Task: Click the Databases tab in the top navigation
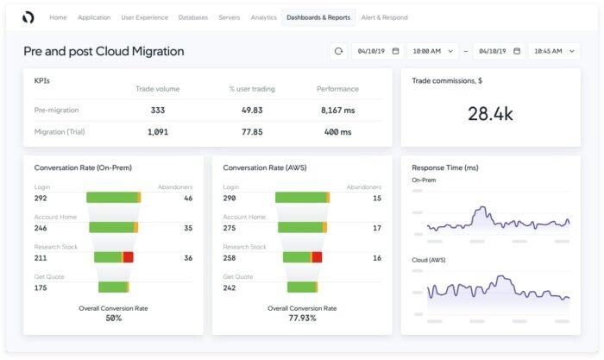[192, 17]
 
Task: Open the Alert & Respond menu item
[383, 17]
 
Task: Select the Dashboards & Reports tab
[318, 17]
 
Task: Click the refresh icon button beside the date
[338, 51]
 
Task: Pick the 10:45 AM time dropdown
[554, 51]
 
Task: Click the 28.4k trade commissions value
[490, 114]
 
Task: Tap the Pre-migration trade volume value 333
[157, 111]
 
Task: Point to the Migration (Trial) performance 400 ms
[337, 132]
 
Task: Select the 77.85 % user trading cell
[252, 132]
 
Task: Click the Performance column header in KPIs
[337, 89]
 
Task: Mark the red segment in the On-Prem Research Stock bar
[128, 257]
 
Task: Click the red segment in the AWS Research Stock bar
[317, 257]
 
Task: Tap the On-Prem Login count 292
[41, 198]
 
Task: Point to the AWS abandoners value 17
[376, 228]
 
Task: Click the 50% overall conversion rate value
[113, 318]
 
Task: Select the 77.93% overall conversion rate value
[302, 318]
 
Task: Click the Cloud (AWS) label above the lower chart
[428, 260]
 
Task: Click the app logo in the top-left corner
[28, 17]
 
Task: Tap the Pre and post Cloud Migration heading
[104, 51]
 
